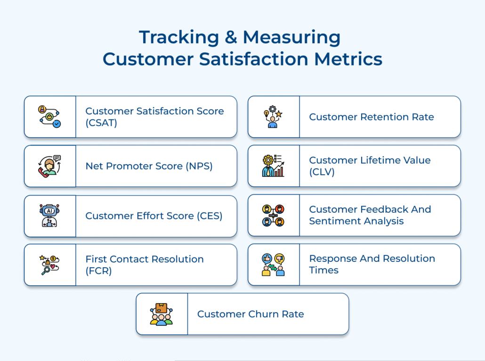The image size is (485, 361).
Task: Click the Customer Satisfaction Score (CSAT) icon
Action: [x=49, y=117]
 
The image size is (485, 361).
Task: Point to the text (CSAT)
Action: [x=100, y=123]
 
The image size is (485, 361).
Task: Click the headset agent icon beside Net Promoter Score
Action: [x=49, y=166]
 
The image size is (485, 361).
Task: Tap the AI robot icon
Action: [x=49, y=216]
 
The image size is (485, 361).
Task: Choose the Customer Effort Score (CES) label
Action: [x=154, y=216]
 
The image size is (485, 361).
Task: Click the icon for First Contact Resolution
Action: [x=49, y=265]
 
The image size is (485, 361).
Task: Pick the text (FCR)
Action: [x=98, y=271]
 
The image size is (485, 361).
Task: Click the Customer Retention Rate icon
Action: [x=273, y=117]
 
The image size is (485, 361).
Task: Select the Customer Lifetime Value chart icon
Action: [x=273, y=166]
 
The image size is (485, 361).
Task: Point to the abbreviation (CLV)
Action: [x=322, y=172]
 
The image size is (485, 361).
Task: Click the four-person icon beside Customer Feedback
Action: [x=273, y=215]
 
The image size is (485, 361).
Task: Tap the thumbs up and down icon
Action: [x=273, y=265]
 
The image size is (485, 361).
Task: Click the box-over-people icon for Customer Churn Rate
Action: [x=162, y=314]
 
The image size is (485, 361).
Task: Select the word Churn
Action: [x=267, y=314]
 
